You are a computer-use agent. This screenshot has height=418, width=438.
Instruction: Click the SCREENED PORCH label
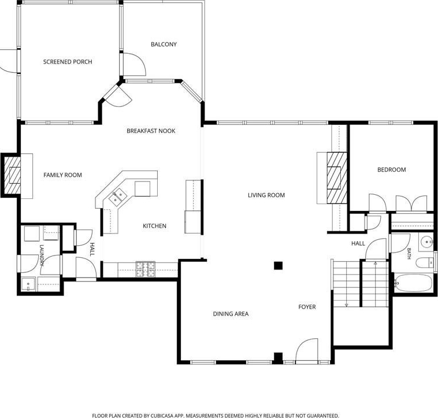[x=68, y=62]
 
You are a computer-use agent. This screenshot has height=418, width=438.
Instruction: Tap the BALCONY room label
[x=164, y=44]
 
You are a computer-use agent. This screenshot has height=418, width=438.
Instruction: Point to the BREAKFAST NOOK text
[x=151, y=131]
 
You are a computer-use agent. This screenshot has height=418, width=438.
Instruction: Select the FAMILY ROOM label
[x=62, y=175]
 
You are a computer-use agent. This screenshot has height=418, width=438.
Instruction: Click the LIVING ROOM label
[x=266, y=195]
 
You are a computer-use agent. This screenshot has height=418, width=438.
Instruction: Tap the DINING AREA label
[x=231, y=314]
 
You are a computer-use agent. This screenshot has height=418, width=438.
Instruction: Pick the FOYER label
[x=307, y=307]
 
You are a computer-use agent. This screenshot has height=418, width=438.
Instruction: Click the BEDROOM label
[x=391, y=169]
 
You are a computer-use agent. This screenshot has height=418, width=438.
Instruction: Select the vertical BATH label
[x=409, y=254]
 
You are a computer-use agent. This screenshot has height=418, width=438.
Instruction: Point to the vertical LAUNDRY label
[x=42, y=255]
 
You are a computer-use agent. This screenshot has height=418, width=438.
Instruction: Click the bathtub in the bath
[x=413, y=283]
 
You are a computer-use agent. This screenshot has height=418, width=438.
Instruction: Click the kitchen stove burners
[x=145, y=269]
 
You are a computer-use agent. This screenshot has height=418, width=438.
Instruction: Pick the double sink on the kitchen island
[x=117, y=196]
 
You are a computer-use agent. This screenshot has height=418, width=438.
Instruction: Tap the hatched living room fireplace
[x=337, y=178]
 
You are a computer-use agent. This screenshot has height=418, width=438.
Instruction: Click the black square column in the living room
[x=278, y=265]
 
